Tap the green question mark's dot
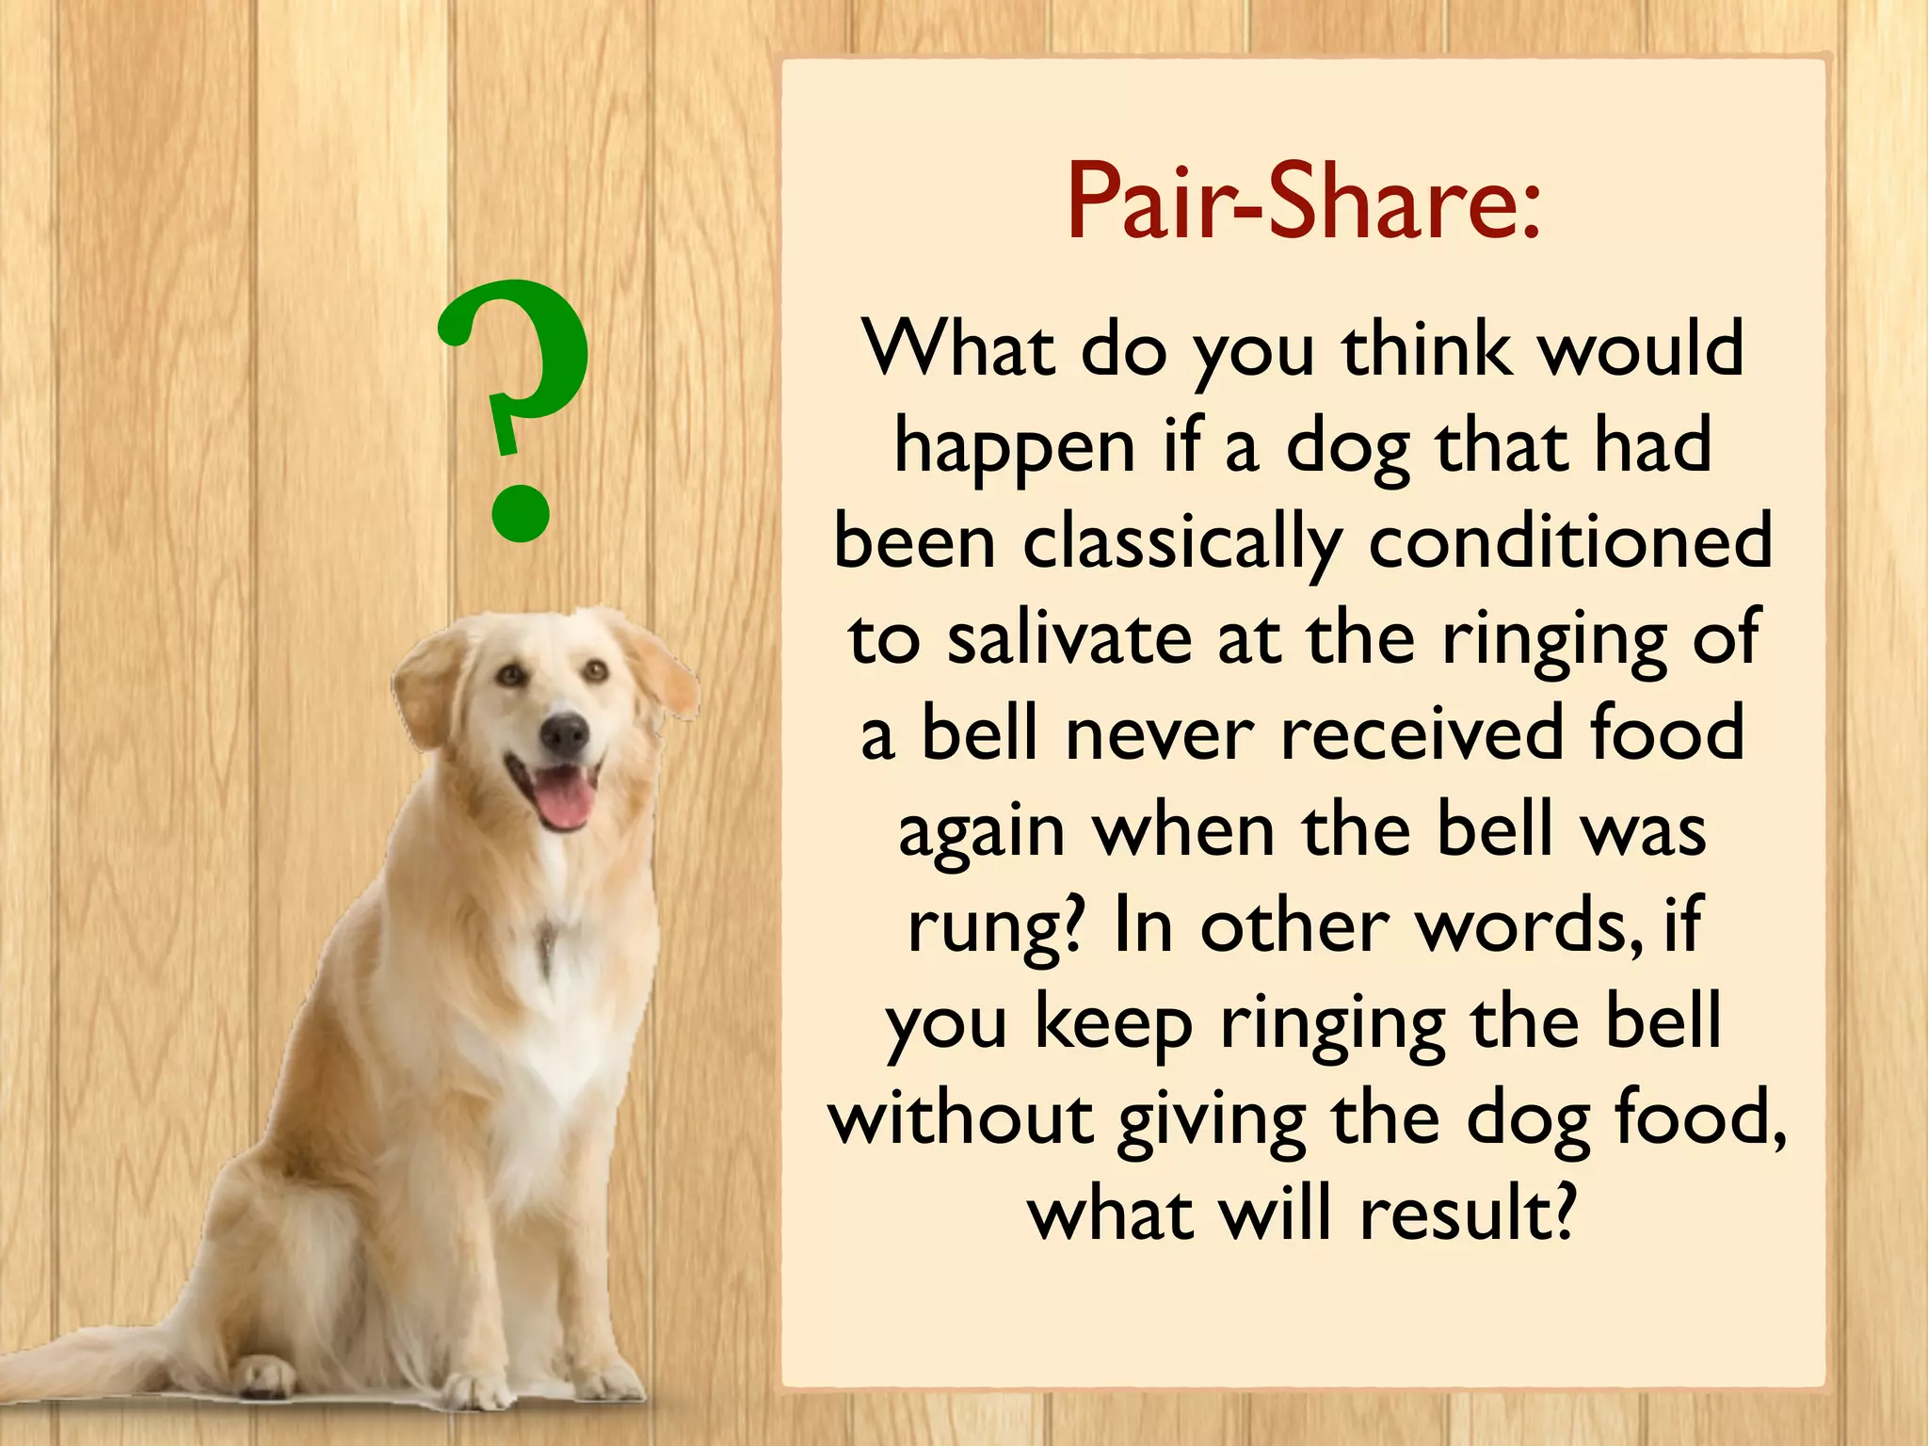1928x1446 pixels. coord(520,514)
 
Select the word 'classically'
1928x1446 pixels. coord(1181,544)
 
